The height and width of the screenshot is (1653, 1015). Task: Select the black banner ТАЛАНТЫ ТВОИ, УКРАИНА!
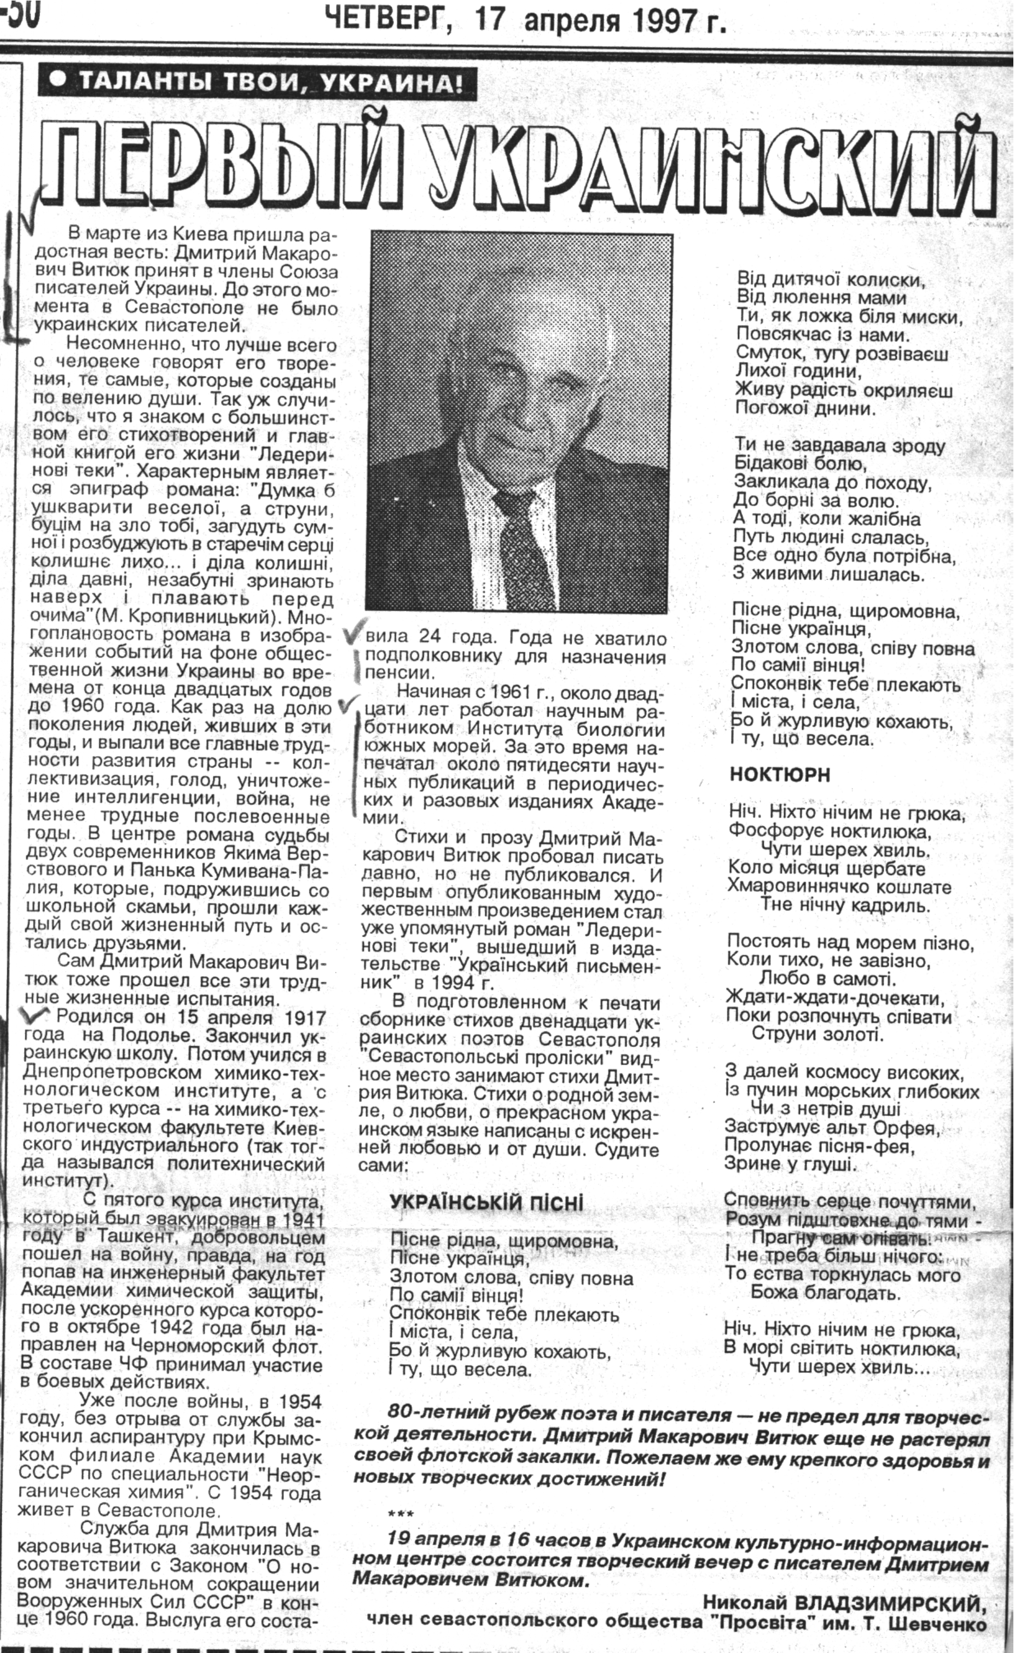[257, 83]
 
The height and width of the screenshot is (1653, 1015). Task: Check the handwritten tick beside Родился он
[35, 1014]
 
